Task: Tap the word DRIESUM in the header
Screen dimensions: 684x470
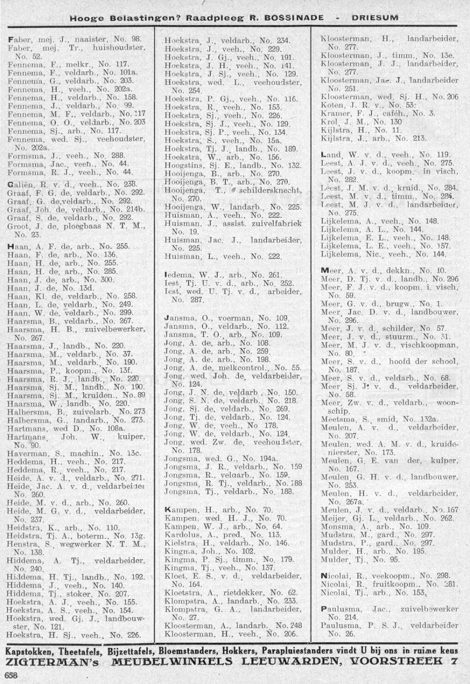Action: pyautogui.click(x=375, y=17)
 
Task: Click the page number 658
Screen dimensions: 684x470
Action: pyautogui.click(x=11, y=675)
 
